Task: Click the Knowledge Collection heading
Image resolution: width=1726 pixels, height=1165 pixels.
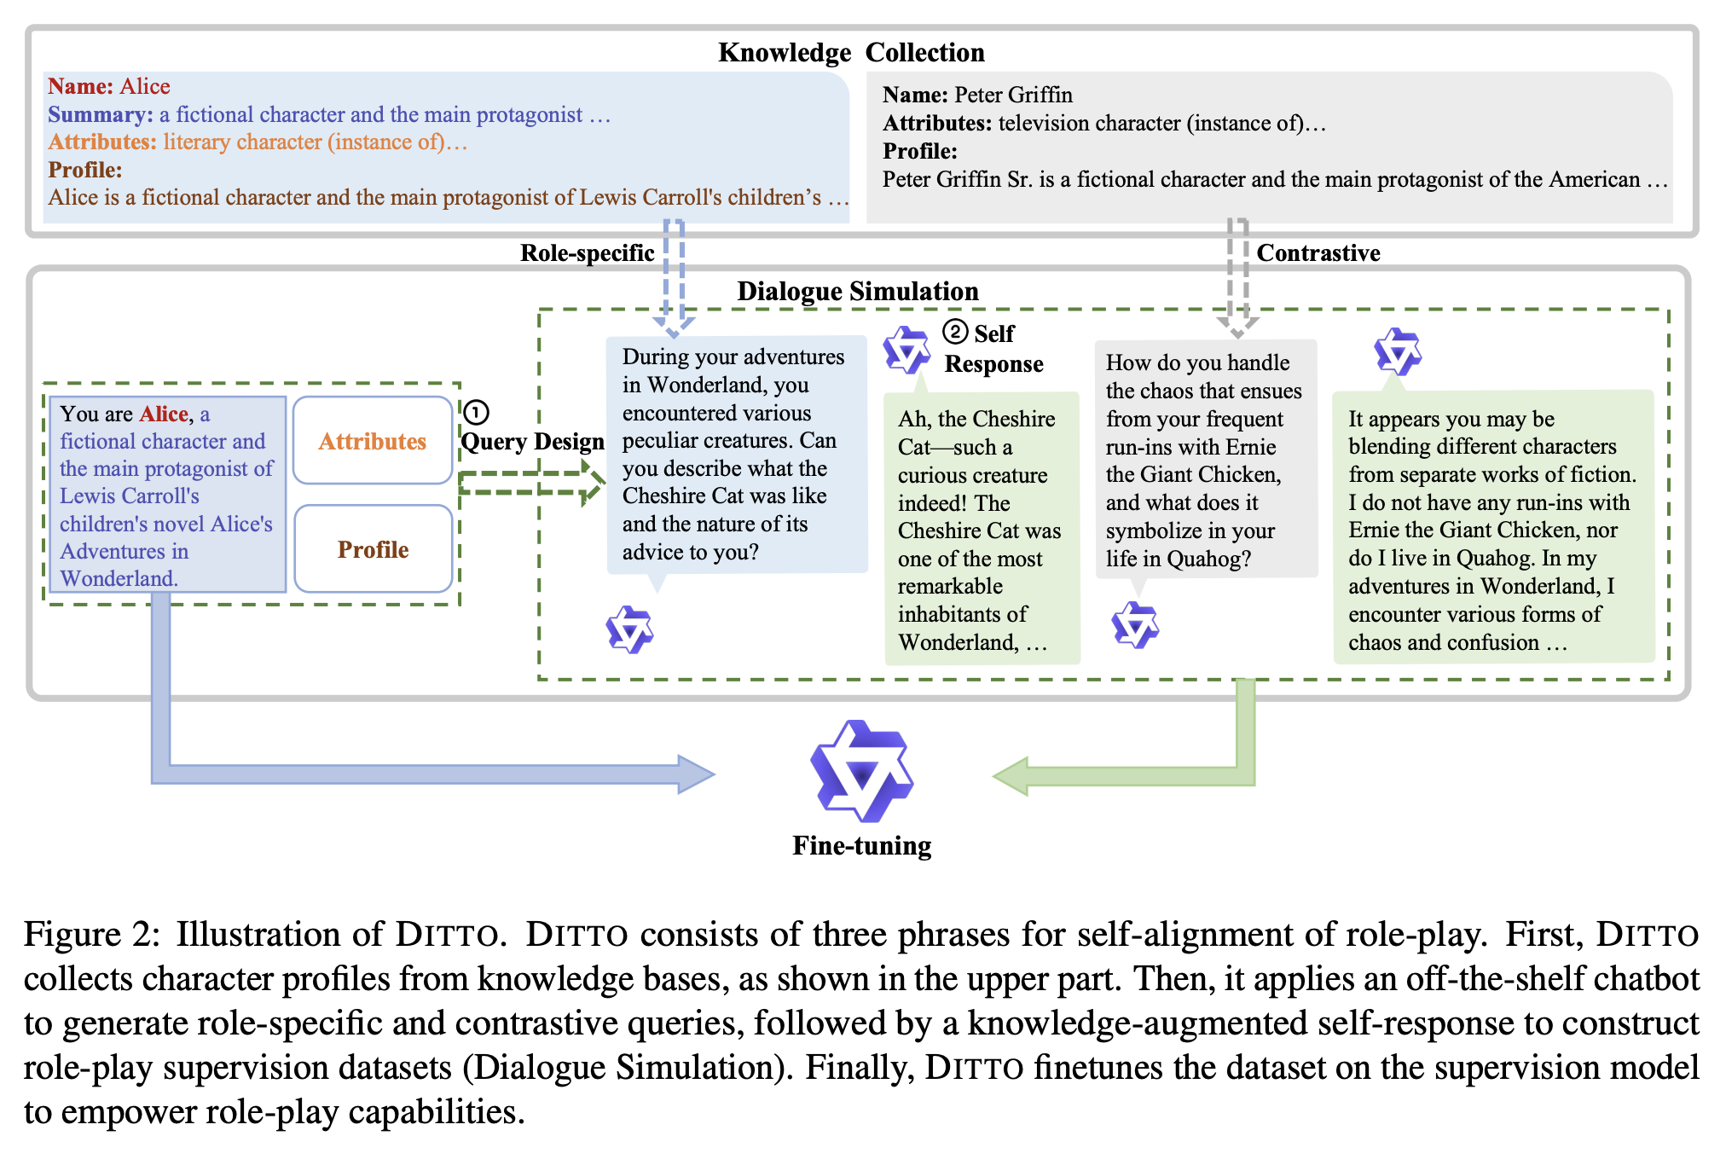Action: pyautogui.click(x=850, y=53)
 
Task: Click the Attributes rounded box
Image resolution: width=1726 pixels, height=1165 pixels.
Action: pyautogui.click(x=373, y=441)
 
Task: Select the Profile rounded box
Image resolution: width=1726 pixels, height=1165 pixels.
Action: pyautogui.click(x=373, y=549)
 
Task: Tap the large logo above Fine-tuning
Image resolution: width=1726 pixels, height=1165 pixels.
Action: pyautogui.click(x=861, y=771)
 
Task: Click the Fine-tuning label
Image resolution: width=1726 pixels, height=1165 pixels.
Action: pyautogui.click(x=861, y=845)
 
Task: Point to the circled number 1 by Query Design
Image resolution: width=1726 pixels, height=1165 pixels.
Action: pyautogui.click(x=476, y=413)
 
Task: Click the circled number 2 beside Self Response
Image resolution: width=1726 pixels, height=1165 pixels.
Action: pyautogui.click(x=955, y=332)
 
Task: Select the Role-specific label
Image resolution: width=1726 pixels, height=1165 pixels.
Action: pyautogui.click(x=587, y=253)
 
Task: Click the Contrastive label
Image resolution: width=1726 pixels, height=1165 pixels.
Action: pyautogui.click(x=1318, y=253)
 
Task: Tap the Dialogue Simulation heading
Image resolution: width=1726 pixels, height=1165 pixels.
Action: pyautogui.click(x=857, y=292)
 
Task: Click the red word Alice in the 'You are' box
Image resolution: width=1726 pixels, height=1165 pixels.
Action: pyautogui.click(x=164, y=414)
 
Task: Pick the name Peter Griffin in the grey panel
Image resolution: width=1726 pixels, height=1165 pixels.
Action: pyautogui.click(x=1013, y=95)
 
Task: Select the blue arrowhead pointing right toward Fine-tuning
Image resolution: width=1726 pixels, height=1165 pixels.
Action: pyautogui.click(x=695, y=774)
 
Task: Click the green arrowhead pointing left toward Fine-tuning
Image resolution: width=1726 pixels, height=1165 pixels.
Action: pyautogui.click(x=1013, y=776)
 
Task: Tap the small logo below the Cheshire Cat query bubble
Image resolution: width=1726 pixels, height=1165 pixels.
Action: pyautogui.click(x=629, y=630)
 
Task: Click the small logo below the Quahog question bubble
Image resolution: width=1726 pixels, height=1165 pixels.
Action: pyautogui.click(x=1135, y=625)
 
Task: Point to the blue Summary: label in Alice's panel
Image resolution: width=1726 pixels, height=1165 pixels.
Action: pyautogui.click(x=100, y=114)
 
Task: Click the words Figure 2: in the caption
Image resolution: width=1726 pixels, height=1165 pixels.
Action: pyautogui.click(x=91, y=935)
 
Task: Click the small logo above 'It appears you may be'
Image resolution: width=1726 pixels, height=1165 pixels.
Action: pyautogui.click(x=1398, y=351)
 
